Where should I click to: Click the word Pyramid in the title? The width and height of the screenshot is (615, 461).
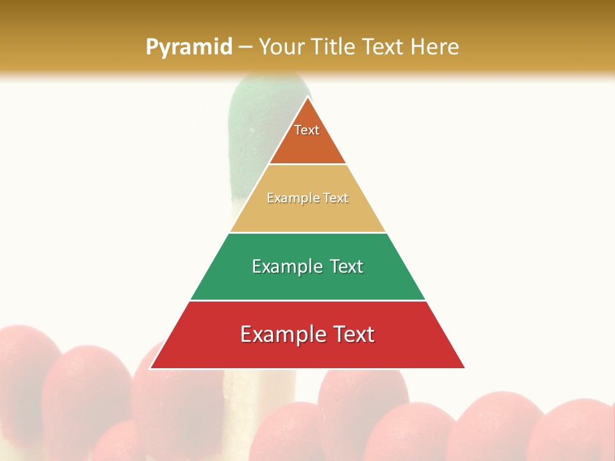[188, 47]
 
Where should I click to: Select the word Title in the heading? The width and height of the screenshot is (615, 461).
[334, 47]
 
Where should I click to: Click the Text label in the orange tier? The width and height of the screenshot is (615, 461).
[307, 130]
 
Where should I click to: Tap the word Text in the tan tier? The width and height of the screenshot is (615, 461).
[336, 198]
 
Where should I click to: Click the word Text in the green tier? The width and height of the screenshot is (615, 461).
[347, 266]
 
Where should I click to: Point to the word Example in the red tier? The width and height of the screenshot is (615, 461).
[281, 334]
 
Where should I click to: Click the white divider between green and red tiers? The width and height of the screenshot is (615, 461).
[307, 300]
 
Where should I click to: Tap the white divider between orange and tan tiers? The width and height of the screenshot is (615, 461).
[307, 165]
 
